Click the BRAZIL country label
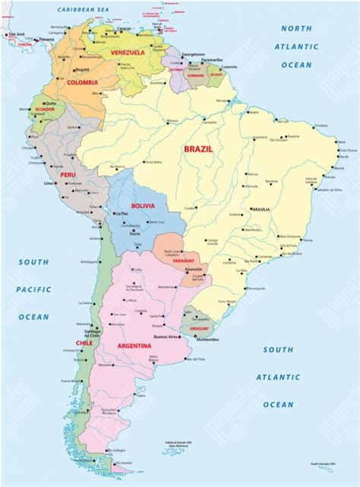pos(198,150)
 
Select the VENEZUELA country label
pos(127,52)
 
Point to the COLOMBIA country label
pos(82,82)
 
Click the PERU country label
pos(69,175)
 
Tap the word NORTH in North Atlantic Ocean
pos(296,28)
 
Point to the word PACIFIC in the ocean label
pos(34,289)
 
